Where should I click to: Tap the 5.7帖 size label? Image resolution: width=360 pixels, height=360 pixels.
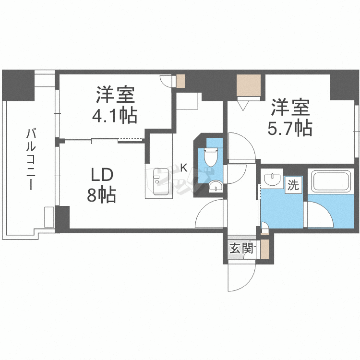[x=291, y=128]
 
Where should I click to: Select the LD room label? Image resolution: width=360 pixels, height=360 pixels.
[x=101, y=174]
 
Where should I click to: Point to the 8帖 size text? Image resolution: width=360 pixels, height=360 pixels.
[x=101, y=194]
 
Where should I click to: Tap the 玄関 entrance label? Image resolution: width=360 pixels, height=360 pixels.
[x=240, y=249]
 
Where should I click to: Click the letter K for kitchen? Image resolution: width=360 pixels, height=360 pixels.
[x=183, y=168]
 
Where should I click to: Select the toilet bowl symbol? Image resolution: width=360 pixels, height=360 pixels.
[x=211, y=156]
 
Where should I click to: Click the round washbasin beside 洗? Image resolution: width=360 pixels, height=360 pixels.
[x=272, y=179]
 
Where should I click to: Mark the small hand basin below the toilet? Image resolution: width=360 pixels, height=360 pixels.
[x=216, y=186]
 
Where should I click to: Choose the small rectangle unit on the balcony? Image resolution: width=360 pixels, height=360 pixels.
[x=49, y=217]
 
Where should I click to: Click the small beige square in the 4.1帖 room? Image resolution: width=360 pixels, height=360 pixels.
[x=180, y=81]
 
